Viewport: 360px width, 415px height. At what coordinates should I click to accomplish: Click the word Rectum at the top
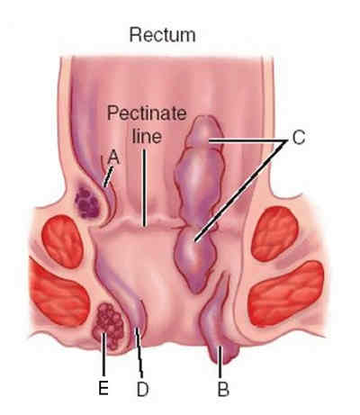click(162, 35)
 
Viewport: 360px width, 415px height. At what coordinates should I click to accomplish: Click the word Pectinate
click(147, 113)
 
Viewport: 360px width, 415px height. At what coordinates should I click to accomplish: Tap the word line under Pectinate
click(148, 136)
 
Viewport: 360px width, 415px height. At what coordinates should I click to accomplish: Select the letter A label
click(113, 158)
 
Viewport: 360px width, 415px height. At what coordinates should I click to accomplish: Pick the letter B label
click(223, 389)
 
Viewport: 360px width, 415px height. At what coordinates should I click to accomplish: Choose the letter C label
click(298, 138)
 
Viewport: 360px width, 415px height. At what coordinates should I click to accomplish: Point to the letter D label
click(142, 389)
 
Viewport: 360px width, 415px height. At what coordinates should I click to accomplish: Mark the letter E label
click(103, 388)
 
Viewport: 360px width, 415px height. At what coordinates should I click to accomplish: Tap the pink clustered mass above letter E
click(109, 326)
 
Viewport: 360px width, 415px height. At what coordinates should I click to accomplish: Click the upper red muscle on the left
click(63, 241)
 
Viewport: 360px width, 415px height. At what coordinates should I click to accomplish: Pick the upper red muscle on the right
click(274, 234)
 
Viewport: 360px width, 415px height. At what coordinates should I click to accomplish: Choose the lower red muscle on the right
click(287, 293)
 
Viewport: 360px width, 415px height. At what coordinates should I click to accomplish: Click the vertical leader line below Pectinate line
click(144, 187)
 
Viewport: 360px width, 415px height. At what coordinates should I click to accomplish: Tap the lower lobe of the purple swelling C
click(195, 259)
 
